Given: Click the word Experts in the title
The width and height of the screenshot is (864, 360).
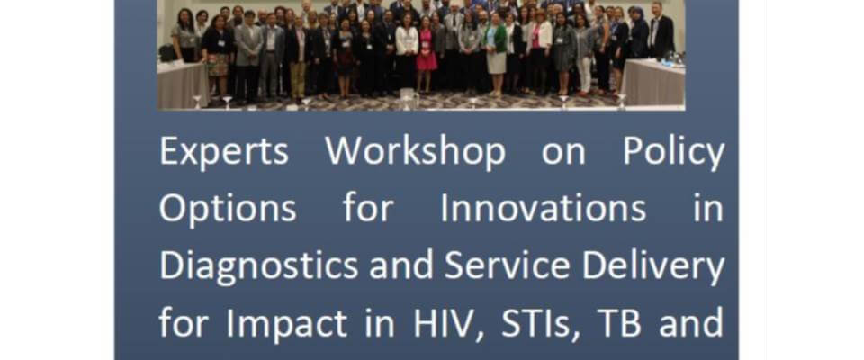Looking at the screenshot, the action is click(224, 151).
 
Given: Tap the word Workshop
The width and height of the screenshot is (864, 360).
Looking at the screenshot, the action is click(415, 151).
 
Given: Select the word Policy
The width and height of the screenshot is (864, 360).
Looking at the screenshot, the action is click(673, 151).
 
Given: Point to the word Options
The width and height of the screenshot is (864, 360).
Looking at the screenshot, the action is click(228, 210).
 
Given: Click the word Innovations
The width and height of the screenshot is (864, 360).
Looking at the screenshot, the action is click(543, 208).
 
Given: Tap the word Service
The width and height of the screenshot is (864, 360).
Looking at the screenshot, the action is click(507, 265).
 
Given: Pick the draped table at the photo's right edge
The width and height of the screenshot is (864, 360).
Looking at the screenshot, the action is click(654, 82).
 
